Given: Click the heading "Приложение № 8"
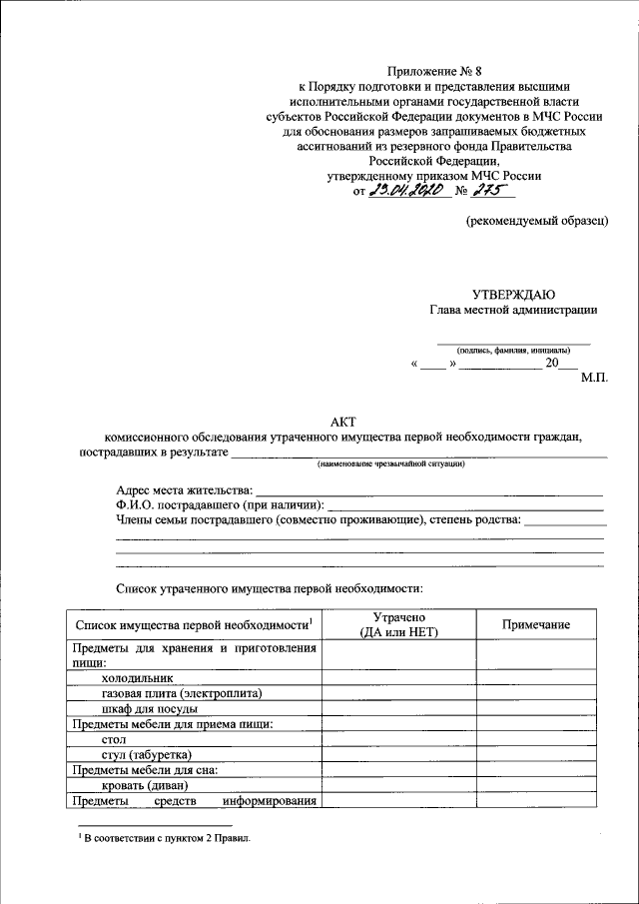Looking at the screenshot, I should click(x=435, y=70).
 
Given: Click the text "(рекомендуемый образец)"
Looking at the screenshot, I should click(x=537, y=221).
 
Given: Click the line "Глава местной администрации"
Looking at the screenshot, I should click(x=513, y=310).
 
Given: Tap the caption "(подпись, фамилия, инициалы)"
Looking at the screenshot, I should click(x=513, y=351).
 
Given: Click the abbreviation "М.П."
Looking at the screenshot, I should click(x=593, y=380).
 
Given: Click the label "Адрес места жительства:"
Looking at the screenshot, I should click(x=185, y=490).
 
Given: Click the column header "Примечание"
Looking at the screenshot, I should click(x=536, y=625).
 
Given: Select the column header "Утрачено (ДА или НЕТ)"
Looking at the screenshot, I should click(x=398, y=625).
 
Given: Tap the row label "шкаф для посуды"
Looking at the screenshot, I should click(x=155, y=708).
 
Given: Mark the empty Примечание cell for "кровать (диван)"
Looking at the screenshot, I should click(x=536, y=785).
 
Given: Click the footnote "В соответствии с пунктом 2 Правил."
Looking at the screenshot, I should click(x=164, y=839).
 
